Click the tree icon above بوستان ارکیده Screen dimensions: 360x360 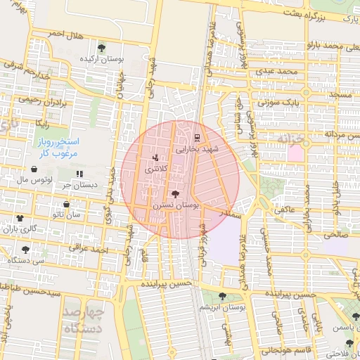click(103, 48)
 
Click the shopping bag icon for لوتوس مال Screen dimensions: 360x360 click(34, 169)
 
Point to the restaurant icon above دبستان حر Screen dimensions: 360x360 click(79, 173)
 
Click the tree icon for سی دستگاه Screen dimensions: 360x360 click(26, 249)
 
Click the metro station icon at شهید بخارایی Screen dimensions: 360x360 click(196, 137)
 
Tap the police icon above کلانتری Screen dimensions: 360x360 click(155, 157)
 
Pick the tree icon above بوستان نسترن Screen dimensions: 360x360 click(175, 193)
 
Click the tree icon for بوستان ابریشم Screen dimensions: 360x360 click(222, 296)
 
